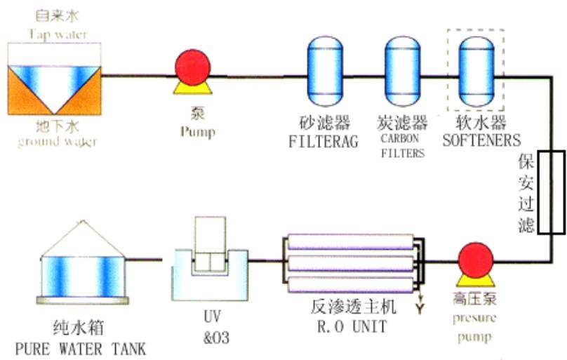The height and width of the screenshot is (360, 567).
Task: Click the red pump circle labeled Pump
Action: point(192,67)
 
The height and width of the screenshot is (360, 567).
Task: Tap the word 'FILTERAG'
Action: point(323,140)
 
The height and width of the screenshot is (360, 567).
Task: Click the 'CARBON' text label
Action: point(403,138)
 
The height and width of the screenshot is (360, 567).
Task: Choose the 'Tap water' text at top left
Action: point(53,34)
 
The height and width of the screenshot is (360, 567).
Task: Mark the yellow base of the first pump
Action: point(192,88)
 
